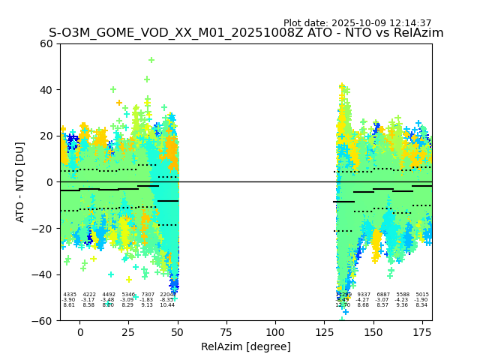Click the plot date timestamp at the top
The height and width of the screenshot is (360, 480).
pos(357,23)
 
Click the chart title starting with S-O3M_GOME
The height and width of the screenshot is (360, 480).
pos(246,33)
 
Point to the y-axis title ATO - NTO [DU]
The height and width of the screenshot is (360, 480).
pos(20,181)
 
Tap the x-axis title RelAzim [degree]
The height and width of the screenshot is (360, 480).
pos(245,346)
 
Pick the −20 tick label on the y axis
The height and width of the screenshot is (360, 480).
pos(44,228)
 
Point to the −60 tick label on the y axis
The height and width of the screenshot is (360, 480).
pos(44,320)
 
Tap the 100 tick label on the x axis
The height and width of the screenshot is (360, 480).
pos(275,332)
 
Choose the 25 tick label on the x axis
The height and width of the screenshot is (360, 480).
pos(129,332)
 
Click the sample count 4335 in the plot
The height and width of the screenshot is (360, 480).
pos(70,295)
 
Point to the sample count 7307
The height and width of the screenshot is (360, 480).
pos(148,295)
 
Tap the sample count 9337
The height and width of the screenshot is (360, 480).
pos(364,295)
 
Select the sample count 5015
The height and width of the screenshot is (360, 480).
pos(422,295)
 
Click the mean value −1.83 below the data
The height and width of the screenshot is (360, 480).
pos(147,300)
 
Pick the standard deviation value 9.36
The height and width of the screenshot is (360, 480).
pos(403,305)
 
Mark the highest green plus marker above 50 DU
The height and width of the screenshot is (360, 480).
pos(151,60)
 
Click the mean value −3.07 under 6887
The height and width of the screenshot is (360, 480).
pos(383,300)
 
